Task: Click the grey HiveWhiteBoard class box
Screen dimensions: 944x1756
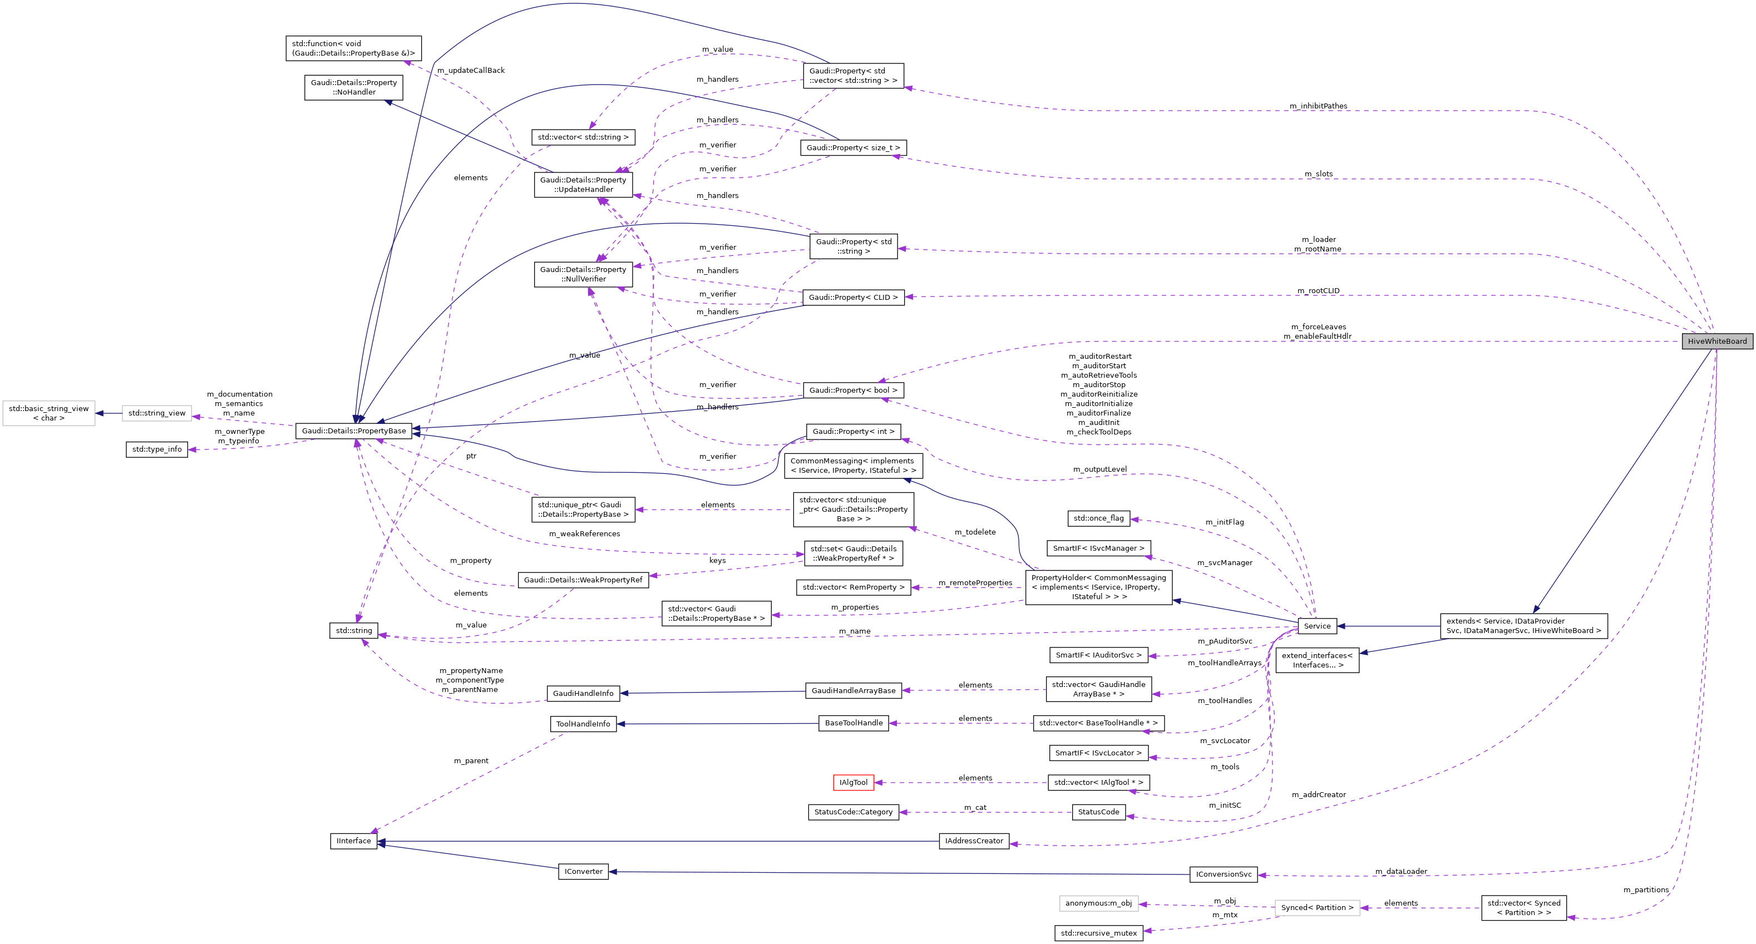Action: [1716, 341]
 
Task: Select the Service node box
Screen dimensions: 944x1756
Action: [1317, 626]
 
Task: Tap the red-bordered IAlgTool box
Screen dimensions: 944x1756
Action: [854, 783]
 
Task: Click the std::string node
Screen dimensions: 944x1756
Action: [354, 630]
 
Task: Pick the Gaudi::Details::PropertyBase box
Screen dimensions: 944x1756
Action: [354, 431]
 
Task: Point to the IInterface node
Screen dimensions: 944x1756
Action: [354, 841]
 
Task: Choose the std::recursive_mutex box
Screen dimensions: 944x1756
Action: [1099, 933]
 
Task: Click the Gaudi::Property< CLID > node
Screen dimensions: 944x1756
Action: [853, 297]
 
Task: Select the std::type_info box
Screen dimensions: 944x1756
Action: [157, 449]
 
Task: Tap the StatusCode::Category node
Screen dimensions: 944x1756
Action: [854, 812]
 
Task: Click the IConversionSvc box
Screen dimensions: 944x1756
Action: [1224, 874]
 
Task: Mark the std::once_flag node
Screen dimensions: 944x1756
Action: [1098, 518]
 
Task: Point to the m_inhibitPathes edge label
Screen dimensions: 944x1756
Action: [1318, 106]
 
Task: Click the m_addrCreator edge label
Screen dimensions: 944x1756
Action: [1318, 795]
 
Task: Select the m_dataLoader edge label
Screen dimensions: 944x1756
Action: [1401, 871]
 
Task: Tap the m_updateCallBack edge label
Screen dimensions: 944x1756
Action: [470, 70]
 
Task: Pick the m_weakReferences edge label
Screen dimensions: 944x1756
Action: [584, 533]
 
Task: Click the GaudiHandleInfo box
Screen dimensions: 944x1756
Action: [583, 693]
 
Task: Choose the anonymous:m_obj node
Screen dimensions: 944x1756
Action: [1098, 903]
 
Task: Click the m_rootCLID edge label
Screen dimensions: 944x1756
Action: [1318, 291]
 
